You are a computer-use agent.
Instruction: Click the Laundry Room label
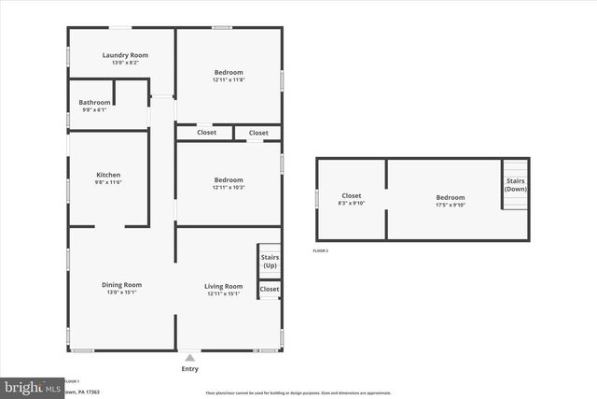125,55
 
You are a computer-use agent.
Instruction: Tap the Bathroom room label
94,102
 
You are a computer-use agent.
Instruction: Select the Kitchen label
108,175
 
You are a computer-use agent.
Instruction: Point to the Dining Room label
121,285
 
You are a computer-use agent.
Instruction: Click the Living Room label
224,286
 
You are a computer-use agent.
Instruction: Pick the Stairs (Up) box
270,261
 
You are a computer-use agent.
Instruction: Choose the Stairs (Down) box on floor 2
515,184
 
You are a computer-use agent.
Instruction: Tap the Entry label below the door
190,369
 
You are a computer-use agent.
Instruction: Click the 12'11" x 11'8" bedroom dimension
229,79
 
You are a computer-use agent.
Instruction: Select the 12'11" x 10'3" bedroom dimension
229,188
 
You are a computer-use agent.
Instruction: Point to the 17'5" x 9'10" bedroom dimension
450,204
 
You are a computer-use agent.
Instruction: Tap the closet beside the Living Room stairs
270,290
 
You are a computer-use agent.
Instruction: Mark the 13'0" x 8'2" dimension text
125,63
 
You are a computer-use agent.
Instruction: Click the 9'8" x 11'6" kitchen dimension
108,182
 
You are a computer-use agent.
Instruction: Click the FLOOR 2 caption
320,251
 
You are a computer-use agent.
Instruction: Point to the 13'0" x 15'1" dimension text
121,292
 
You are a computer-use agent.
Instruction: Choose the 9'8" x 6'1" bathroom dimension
92,109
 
